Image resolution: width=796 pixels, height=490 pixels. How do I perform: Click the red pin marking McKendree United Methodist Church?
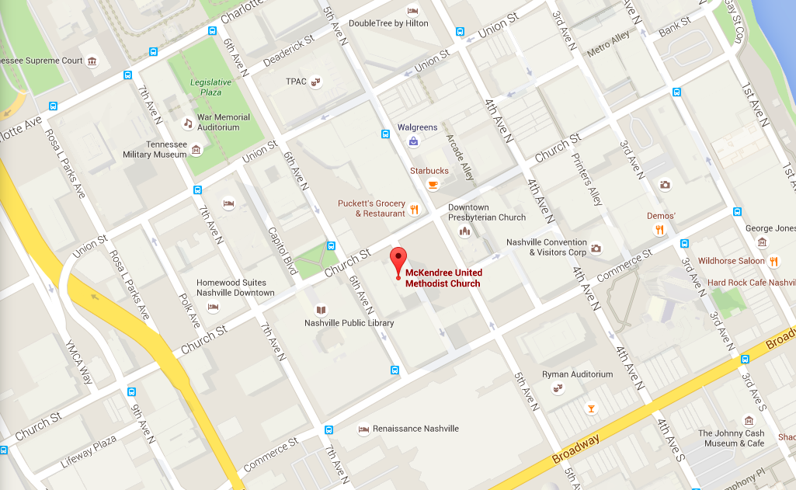coord(398,259)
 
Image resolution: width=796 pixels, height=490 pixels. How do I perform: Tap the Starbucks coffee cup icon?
coord(433,184)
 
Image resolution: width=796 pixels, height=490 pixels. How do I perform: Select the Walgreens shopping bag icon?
coord(414,141)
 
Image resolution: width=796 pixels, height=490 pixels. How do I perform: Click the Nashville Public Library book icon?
coord(322,310)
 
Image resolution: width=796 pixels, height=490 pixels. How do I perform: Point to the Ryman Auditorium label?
coord(577,374)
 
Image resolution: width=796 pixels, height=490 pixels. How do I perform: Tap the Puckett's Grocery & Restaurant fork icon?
coord(415,209)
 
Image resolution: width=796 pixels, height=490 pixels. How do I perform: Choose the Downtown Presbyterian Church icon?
coord(465,231)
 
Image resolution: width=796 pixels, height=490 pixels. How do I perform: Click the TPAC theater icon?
coord(315,81)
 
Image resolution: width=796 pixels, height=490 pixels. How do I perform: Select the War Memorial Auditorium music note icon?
coord(187,123)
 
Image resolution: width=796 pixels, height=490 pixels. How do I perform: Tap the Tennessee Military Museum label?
coord(155,149)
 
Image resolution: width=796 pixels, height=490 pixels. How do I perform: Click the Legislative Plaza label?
coord(211,87)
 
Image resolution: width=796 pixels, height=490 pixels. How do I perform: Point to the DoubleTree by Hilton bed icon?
coord(412,11)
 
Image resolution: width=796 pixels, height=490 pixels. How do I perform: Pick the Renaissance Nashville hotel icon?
coord(363,429)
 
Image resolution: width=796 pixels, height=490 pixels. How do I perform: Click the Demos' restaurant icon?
coord(659,229)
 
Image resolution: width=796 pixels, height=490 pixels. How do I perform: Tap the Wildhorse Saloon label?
coord(731,261)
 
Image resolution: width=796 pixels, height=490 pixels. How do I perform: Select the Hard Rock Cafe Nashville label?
coord(750,283)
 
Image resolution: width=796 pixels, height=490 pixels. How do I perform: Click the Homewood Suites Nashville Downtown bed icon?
coord(213,307)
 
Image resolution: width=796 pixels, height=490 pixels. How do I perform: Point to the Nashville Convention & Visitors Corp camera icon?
coord(596,248)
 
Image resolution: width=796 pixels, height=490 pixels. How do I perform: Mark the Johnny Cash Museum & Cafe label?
coord(731,439)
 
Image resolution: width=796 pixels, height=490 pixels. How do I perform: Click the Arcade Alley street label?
coord(460,158)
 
